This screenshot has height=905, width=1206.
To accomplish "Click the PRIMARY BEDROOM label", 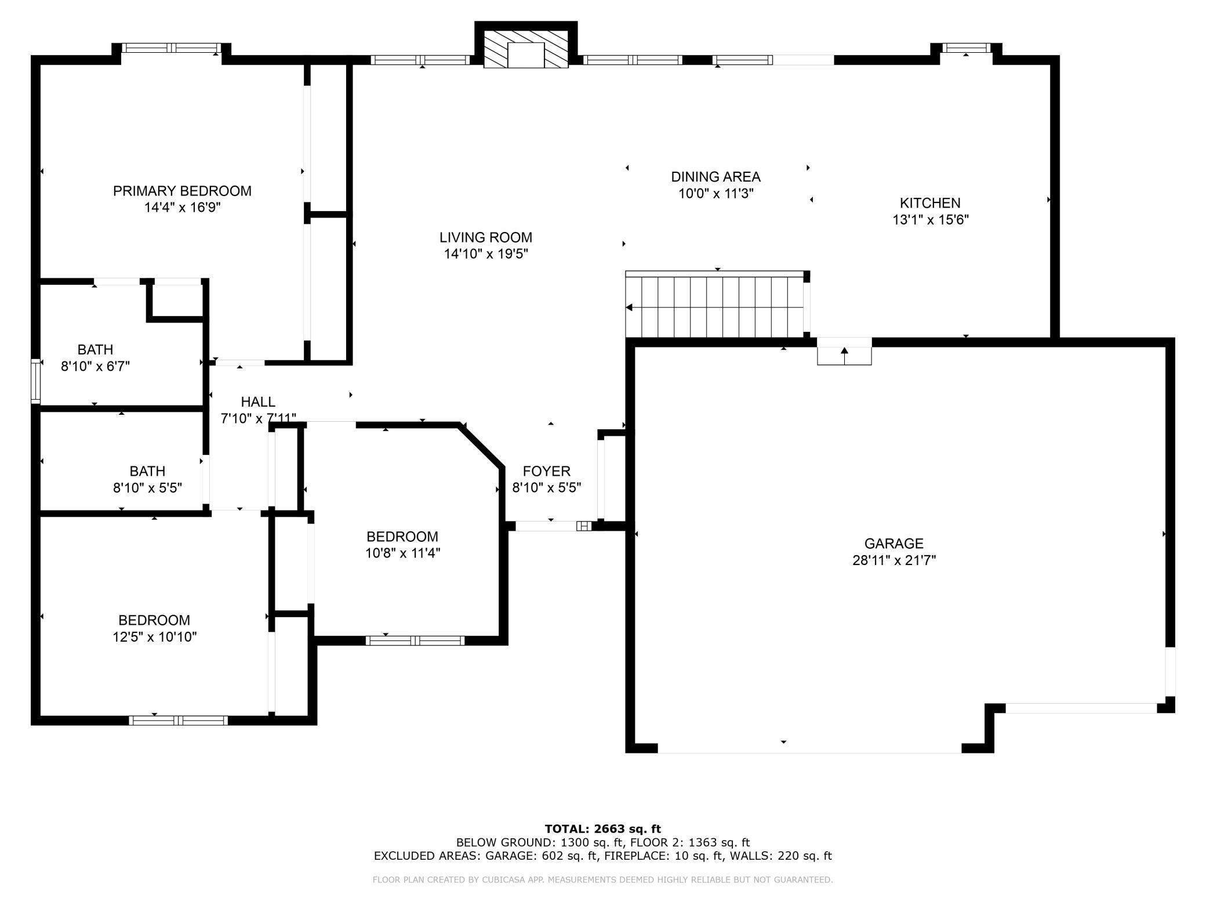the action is pyautogui.click(x=182, y=191).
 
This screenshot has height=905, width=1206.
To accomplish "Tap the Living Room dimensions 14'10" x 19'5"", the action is pyautogui.click(x=486, y=254).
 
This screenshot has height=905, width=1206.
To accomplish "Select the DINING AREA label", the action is pyautogui.click(x=715, y=176).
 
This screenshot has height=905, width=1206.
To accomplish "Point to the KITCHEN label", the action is pyautogui.click(x=930, y=203).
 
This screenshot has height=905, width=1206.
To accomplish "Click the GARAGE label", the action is pyautogui.click(x=893, y=544).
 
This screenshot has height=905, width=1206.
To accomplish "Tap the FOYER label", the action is pyautogui.click(x=546, y=471).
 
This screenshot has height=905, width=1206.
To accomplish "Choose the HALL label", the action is pyautogui.click(x=258, y=401).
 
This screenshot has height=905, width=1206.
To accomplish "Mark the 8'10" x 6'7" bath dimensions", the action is pyautogui.click(x=95, y=366).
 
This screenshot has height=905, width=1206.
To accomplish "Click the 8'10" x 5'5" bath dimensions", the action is pyautogui.click(x=147, y=488).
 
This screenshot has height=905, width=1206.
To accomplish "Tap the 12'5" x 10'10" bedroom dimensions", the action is pyautogui.click(x=155, y=637).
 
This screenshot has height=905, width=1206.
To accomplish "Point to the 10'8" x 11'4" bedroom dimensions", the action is pyautogui.click(x=402, y=553).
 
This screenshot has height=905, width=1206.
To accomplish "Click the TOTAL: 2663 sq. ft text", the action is pyautogui.click(x=602, y=829).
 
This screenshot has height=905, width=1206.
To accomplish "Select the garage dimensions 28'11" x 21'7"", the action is pyautogui.click(x=894, y=560).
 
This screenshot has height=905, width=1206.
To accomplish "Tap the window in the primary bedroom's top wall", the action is pyautogui.click(x=171, y=48).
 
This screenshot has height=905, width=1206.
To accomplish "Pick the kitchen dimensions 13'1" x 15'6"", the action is pyautogui.click(x=931, y=220).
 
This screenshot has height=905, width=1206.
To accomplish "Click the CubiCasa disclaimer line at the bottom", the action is pyautogui.click(x=602, y=880).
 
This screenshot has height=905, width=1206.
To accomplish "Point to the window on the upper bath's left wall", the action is pyautogui.click(x=36, y=381).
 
